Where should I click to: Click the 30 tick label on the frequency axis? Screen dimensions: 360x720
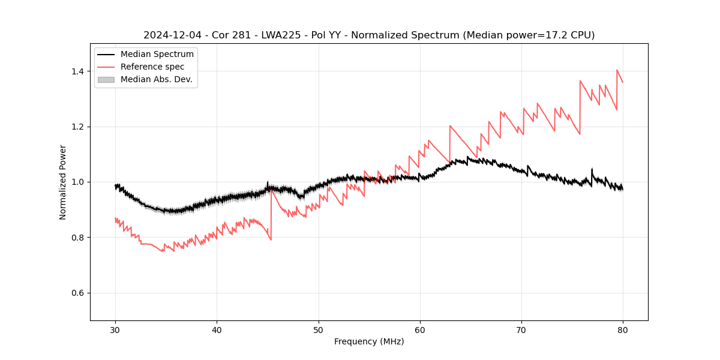[115, 329]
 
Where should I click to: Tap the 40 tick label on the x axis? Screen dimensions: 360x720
[217, 329]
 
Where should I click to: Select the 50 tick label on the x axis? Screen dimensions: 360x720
[318, 329]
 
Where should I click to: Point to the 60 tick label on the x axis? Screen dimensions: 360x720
[419, 329]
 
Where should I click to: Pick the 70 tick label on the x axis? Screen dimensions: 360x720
[521, 329]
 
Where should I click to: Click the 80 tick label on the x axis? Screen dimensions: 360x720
[623, 329]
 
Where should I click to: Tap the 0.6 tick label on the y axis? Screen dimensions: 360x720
[77, 293]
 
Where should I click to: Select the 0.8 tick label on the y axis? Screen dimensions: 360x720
[77, 238]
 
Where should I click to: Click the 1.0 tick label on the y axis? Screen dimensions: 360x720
[77, 182]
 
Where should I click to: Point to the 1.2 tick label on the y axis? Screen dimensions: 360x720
[77, 127]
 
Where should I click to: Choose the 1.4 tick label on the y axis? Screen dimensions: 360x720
[77, 71]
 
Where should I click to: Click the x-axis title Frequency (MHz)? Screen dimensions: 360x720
[369, 341]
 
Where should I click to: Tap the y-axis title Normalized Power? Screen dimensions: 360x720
[63, 182]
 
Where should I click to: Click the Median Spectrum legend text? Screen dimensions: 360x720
[157, 55]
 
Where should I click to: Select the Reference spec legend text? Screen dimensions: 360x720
[152, 67]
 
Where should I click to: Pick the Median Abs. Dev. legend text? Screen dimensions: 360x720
[156, 79]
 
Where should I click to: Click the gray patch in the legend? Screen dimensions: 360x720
[106, 79]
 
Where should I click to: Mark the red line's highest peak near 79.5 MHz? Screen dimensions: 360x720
[617, 70]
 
